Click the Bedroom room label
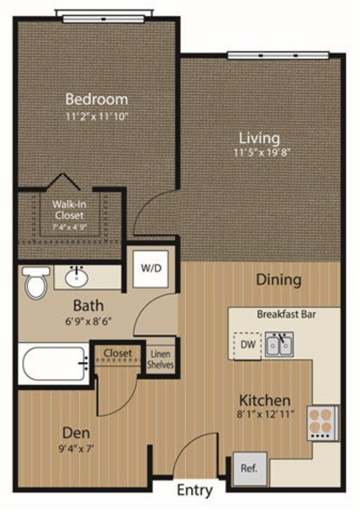97,100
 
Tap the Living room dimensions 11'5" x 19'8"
263,153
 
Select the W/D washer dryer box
150,268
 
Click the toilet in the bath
35,282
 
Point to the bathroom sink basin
77,277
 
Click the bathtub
54,364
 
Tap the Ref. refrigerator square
249,468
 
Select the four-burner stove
323,423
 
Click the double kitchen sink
280,344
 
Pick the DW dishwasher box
248,346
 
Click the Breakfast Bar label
286,314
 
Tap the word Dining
279,280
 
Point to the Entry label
195,490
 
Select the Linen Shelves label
160,359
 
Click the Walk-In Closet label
69,209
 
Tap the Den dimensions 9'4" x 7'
77,448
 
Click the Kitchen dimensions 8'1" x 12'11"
265,414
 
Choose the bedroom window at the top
103,18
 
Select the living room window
278,55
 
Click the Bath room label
89,305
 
